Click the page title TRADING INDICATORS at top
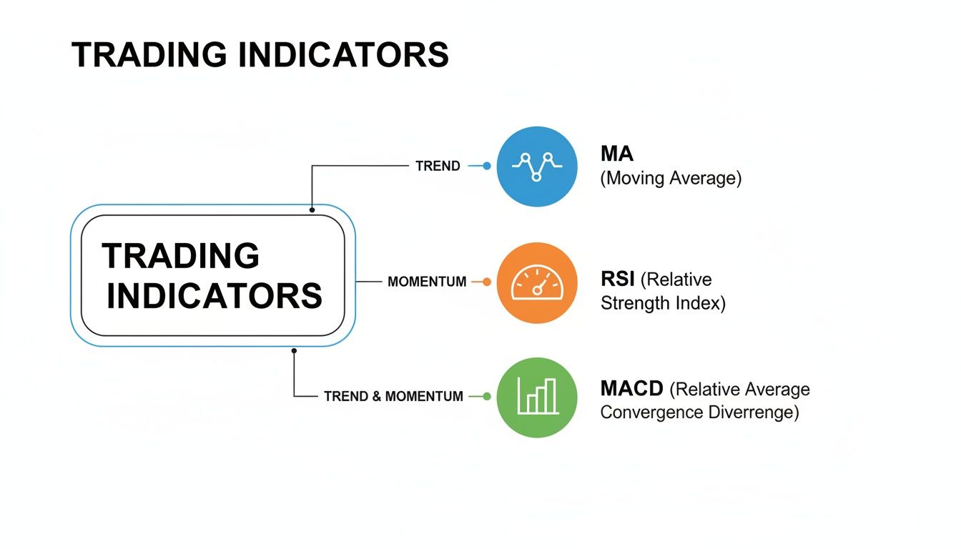click(260, 55)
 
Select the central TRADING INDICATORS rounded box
click(212, 275)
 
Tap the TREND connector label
click(438, 166)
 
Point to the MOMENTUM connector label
click(427, 282)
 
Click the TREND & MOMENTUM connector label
click(393, 396)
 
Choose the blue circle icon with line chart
click(536, 166)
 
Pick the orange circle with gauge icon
click(536, 282)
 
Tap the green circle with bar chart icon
click(536, 397)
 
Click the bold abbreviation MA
click(616, 154)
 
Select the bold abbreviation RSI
click(619, 279)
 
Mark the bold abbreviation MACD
click(632, 389)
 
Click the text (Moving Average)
click(670, 178)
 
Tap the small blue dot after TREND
click(487, 166)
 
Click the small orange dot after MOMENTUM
click(487, 282)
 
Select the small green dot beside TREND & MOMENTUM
click(487, 396)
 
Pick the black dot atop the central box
click(312, 210)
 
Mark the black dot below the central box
click(294, 350)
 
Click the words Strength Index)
click(663, 303)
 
